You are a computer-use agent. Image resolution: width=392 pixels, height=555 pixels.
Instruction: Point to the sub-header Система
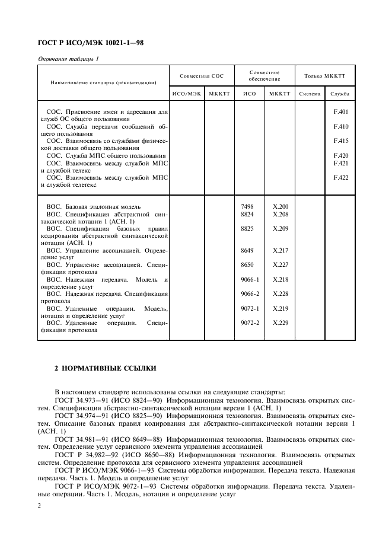[x=310, y=94]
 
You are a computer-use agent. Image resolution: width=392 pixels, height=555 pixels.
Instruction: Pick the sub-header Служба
[x=340, y=94]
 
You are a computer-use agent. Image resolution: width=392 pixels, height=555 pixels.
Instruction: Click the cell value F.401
[x=340, y=111]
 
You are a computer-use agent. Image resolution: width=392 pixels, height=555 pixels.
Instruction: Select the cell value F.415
[x=340, y=141]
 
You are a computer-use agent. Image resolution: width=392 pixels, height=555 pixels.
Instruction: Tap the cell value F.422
[x=340, y=177]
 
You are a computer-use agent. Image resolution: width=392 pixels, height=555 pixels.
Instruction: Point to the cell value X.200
[x=280, y=206]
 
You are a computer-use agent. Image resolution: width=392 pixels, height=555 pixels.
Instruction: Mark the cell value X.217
[x=280, y=250]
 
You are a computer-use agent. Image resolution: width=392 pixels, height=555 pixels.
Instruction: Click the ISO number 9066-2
[x=250, y=294]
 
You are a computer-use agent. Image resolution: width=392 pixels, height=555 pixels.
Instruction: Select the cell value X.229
[x=280, y=323]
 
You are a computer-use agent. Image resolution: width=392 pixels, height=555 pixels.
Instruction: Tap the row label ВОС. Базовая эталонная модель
[x=93, y=206]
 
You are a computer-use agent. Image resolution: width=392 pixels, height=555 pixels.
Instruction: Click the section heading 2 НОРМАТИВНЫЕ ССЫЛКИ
[x=105, y=369]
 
